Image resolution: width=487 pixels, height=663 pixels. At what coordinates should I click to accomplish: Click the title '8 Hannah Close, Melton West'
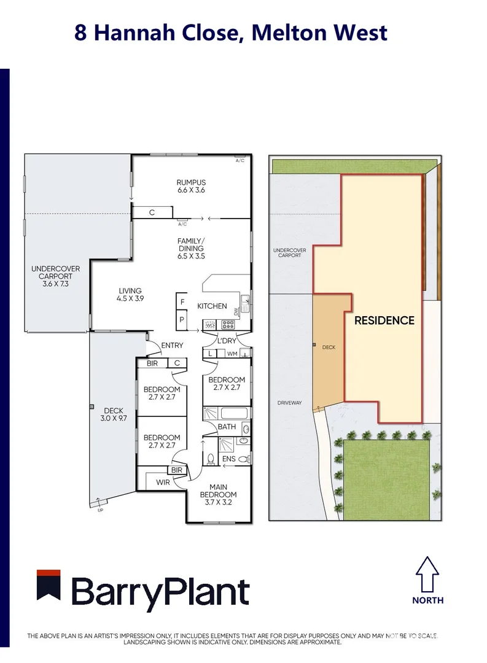pyautogui.click(x=231, y=33)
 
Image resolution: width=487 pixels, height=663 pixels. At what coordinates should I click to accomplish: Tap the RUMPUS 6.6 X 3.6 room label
pyautogui.click(x=191, y=187)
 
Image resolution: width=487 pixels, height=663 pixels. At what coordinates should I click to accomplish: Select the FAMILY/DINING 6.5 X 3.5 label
pyautogui.click(x=192, y=248)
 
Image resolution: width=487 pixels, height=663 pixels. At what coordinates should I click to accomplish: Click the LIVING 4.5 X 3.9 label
pyautogui.click(x=130, y=295)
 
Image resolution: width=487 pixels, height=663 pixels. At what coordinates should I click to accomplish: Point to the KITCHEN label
pyautogui.click(x=212, y=306)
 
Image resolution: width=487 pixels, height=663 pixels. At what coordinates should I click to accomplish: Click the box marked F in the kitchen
pyautogui.click(x=182, y=302)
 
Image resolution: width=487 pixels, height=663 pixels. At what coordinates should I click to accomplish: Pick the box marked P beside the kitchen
pyautogui.click(x=182, y=319)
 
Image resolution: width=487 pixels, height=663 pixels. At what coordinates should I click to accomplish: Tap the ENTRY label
pyautogui.click(x=172, y=346)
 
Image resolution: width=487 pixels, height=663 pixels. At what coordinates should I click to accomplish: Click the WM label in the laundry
pyautogui.click(x=232, y=354)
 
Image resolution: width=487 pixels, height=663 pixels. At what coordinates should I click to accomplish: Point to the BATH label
pyautogui.click(x=227, y=426)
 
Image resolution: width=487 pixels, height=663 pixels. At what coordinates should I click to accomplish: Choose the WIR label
pyautogui.click(x=163, y=482)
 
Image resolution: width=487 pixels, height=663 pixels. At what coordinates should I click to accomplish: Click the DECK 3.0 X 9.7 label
pyautogui.click(x=113, y=414)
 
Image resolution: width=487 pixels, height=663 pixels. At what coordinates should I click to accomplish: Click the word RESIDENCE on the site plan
pyautogui.click(x=384, y=320)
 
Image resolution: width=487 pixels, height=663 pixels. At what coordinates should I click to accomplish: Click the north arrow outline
pyautogui.click(x=427, y=573)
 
